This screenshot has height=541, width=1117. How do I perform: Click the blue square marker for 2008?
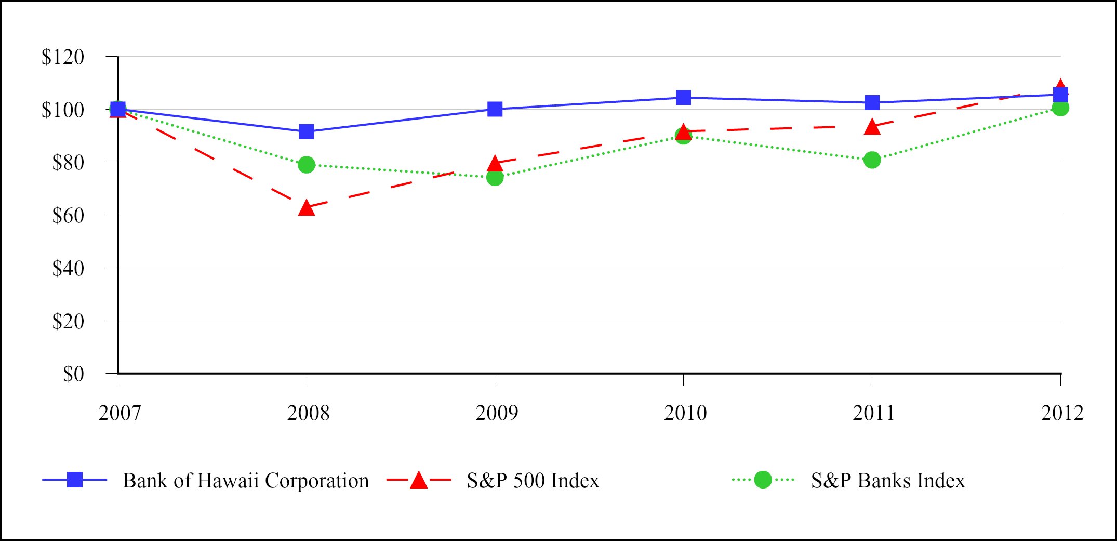307,131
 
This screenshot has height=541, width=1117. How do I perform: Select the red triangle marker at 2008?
307,208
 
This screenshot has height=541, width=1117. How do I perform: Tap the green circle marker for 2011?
872,160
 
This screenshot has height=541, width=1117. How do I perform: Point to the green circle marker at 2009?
495,177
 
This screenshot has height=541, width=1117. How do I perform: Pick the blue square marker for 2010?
683,98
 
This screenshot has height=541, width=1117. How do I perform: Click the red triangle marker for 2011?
872,126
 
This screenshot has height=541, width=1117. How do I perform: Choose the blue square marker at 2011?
872,102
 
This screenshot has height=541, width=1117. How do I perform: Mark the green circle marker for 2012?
1060,108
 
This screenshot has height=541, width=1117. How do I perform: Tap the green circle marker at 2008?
307,165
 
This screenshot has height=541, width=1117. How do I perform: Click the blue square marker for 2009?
495,109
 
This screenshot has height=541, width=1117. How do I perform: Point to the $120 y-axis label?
63,57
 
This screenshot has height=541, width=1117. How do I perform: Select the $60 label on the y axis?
68,215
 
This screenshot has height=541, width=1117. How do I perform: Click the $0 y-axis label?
73,374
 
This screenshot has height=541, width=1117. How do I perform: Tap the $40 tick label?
68,268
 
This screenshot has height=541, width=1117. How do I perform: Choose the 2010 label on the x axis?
685,413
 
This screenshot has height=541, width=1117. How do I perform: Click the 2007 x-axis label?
119,413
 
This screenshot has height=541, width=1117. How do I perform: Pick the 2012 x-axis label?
1062,413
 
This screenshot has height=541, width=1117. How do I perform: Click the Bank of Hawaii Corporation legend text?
246,481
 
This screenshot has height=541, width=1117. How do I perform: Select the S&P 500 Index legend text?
533,481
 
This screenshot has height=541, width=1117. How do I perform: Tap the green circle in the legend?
763,480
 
